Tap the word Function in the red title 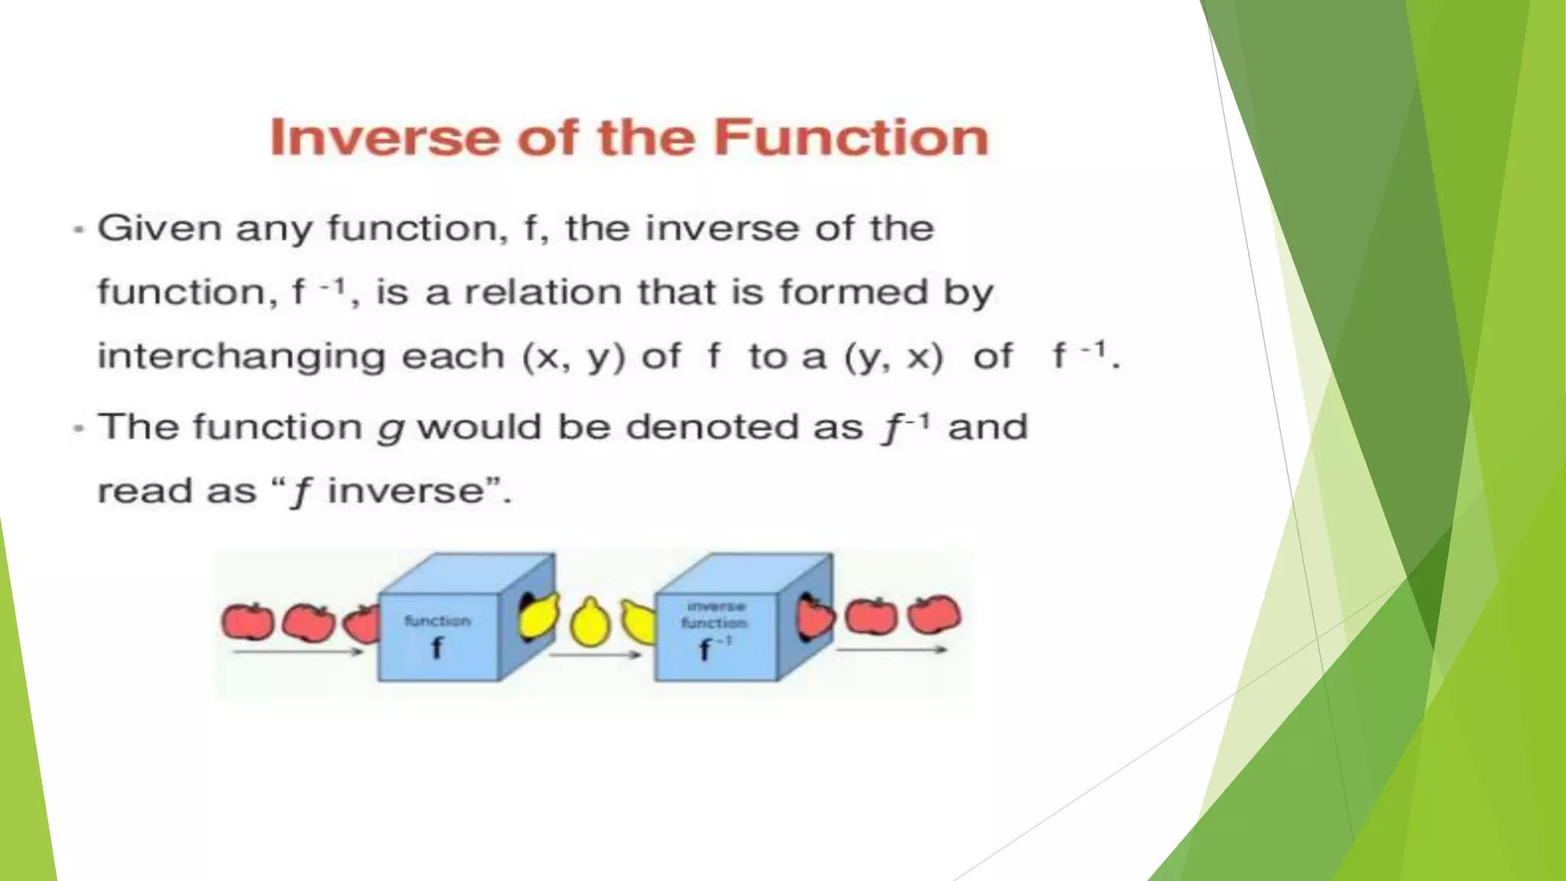[851, 138]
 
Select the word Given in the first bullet [159, 228]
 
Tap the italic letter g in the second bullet [390, 430]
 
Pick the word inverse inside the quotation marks [405, 491]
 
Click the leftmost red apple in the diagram [247, 621]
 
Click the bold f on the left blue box [437, 649]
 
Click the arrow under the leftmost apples [298, 652]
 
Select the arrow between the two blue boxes [595, 655]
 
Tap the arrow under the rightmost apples [892, 650]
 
